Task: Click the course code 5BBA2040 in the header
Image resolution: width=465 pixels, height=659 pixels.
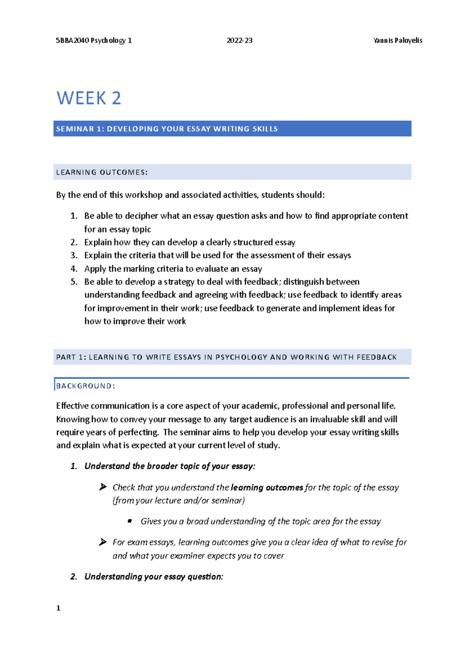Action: point(72,40)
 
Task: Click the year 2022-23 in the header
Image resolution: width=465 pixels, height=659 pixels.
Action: point(239,40)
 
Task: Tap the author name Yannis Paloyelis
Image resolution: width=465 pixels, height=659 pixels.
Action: point(397,40)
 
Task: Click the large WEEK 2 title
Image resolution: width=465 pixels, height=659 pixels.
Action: point(89,98)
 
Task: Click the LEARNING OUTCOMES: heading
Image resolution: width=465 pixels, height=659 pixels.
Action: point(102,172)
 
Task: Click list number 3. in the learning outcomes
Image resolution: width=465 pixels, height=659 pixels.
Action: point(74,255)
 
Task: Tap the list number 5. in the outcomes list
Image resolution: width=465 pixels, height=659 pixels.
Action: point(74,282)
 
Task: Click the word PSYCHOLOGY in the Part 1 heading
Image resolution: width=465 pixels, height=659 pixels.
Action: point(241,357)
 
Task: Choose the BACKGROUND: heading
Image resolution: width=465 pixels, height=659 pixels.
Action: point(86,386)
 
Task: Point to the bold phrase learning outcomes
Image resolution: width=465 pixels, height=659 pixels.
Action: point(267,487)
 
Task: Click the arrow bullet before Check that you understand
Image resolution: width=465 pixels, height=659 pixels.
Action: point(103,487)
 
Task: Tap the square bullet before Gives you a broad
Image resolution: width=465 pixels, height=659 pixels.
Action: point(130,521)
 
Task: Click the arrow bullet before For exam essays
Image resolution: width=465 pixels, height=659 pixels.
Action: point(103,542)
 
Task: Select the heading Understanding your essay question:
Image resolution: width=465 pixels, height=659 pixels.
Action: point(153,577)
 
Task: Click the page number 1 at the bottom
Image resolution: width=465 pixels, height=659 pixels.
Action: point(58,608)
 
